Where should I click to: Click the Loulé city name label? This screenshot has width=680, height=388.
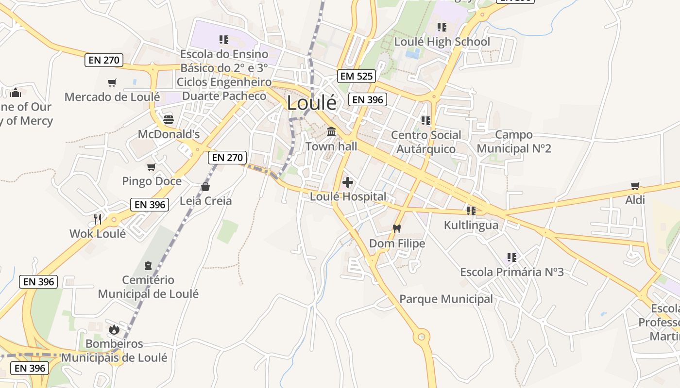311,103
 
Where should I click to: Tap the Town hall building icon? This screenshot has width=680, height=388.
332,131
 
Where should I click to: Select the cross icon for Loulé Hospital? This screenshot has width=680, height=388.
348,182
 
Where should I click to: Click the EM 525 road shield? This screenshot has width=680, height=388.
357,76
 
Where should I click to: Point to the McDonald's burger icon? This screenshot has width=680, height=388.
169,119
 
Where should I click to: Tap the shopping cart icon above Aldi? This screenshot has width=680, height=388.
635,186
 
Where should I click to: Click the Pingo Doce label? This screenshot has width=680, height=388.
152,181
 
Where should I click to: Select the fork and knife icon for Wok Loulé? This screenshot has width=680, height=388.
98,219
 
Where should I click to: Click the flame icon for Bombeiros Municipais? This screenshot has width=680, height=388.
114,330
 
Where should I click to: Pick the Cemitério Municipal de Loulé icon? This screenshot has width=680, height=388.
148,265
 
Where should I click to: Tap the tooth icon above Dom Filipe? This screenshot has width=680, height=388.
397,228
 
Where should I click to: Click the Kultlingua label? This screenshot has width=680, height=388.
471,226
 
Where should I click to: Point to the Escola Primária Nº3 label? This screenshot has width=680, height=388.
512,272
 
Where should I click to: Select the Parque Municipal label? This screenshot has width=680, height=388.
446,299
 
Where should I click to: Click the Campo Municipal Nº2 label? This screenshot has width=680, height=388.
514,142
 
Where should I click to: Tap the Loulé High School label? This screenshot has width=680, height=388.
442,42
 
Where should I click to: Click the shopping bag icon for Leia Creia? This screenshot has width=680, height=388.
205,187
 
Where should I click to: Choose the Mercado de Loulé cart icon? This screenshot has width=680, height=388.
112,82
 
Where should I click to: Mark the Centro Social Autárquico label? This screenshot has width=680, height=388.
426,142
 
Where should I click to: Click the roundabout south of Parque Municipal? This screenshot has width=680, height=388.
421,336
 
